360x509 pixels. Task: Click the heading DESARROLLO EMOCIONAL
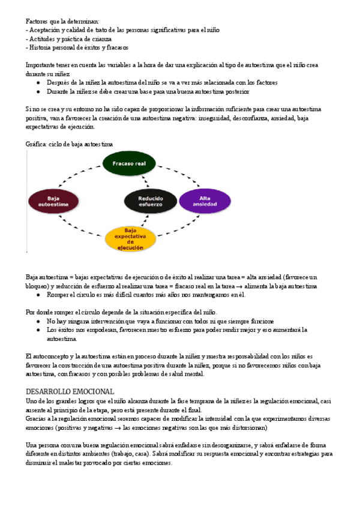[x=71, y=391]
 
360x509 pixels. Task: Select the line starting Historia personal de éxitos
[x=76, y=47]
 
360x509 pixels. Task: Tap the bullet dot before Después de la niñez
[x=39, y=83]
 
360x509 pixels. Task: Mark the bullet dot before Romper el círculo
[x=39, y=295]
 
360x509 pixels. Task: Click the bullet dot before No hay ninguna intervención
[x=39, y=321]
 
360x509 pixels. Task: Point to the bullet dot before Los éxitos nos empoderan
[x=39, y=330]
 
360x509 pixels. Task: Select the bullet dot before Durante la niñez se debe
[x=39, y=92]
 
